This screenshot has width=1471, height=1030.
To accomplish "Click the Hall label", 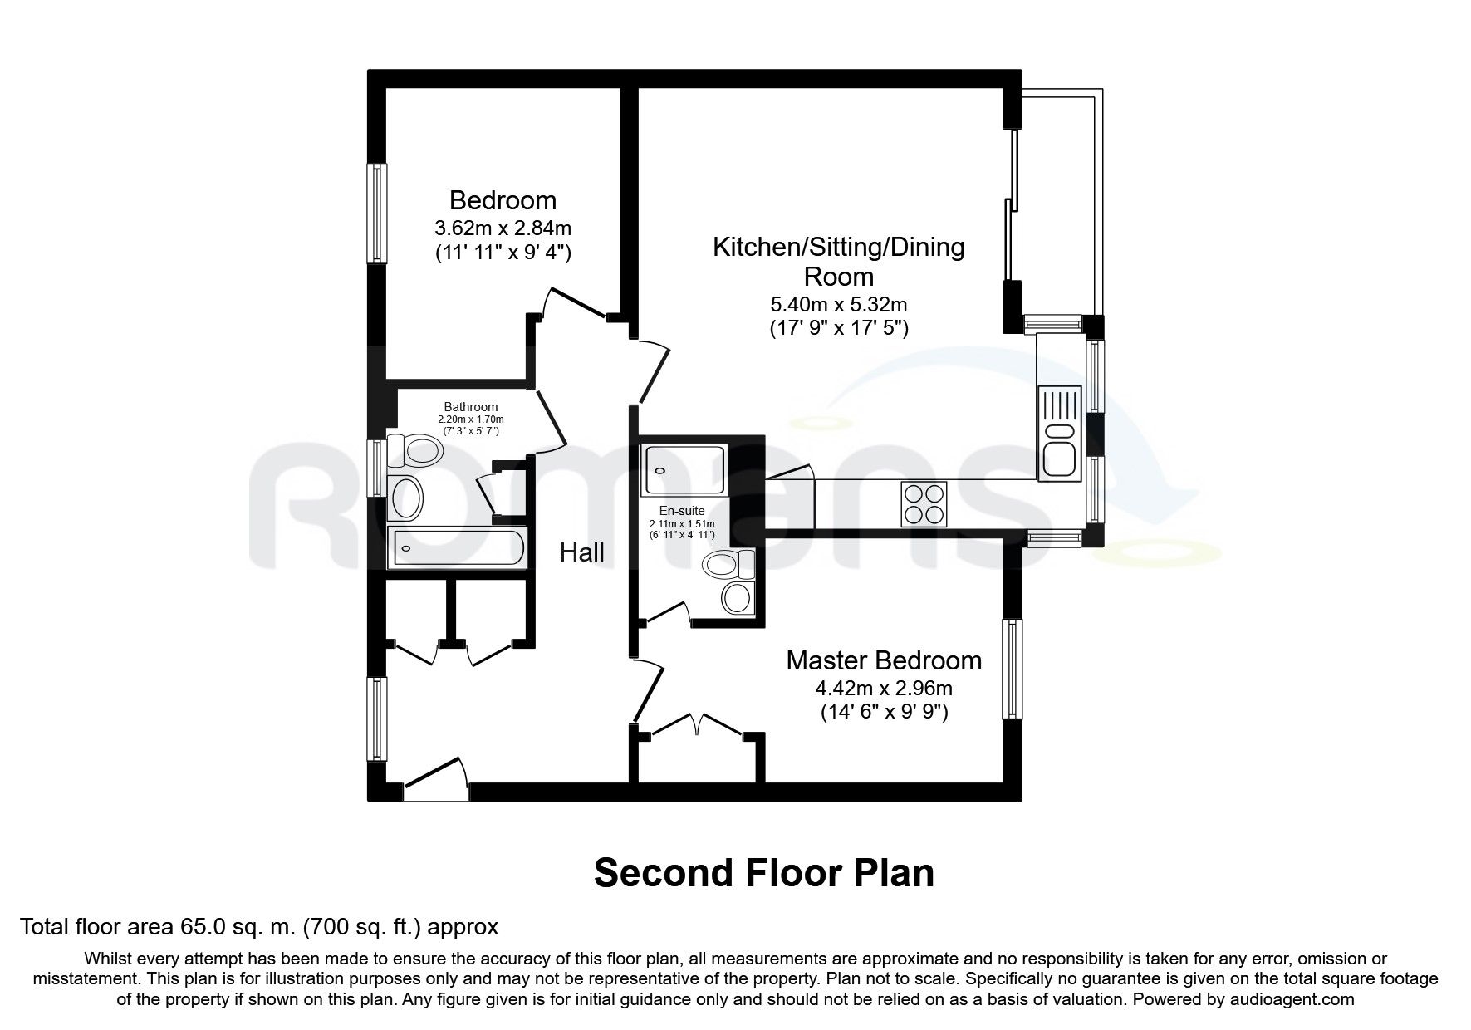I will [581, 552].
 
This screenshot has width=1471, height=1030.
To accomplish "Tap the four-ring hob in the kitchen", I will [924, 503].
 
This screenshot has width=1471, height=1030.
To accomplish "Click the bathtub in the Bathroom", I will [456, 548].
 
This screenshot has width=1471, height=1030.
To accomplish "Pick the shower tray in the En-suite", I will [684, 471].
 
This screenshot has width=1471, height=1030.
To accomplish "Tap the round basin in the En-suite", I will [736, 596].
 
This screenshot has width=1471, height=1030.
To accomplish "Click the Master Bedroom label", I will [884, 661].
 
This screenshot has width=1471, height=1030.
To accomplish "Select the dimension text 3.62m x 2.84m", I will [503, 227].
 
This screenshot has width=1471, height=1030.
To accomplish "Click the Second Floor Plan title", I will [764, 874].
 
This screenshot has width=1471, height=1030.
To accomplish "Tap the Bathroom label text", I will [470, 407].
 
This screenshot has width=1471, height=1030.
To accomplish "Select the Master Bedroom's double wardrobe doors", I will [698, 725].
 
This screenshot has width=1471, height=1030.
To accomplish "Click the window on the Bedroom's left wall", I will [379, 214].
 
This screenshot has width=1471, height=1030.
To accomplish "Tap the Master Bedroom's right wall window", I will [1012, 669].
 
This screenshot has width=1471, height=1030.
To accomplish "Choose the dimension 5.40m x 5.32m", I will [838, 305].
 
